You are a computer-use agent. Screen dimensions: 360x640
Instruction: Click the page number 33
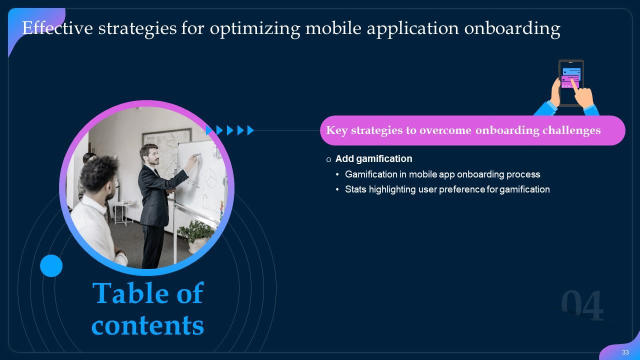pyautogui.click(x=625, y=352)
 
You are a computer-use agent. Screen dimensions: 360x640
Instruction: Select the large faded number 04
pyautogui.click(x=582, y=306)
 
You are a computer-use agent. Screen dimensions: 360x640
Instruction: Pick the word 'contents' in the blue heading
pyautogui.click(x=148, y=325)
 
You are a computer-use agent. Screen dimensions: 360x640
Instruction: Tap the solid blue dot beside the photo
pyautogui.click(x=51, y=265)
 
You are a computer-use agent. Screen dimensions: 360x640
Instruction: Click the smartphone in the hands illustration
pyautogui.click(x=570, y=82)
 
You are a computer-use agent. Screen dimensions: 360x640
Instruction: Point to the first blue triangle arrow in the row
pyautogui.click(x=209, y=130)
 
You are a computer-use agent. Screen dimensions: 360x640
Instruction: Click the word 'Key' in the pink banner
pyautogui.click(x=337, y=130)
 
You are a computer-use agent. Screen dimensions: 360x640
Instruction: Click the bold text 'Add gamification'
pyautogui.click(x=373, y=159)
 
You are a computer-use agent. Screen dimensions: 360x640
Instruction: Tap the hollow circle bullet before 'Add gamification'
pyautogui.click(x=328, y=159)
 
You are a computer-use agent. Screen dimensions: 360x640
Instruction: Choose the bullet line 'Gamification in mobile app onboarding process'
pyautogui.click(x=442, y=174)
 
